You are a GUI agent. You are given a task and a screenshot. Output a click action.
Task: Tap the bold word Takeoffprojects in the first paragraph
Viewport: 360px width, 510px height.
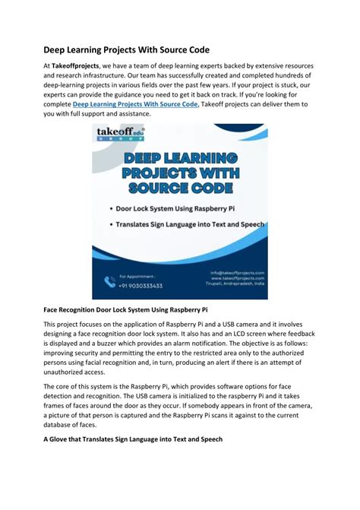pyautogui.click(x=78, y=67)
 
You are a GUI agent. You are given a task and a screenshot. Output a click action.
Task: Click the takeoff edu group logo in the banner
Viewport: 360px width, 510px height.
pyautogui.click(x=121, y=137)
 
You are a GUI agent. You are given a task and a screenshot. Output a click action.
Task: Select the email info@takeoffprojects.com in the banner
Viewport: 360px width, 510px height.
pyautogui.click(x=237, y=272)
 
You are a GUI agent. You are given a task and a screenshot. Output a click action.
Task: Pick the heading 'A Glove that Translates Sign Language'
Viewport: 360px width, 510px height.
pyautogui.click(x=132, y=439)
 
